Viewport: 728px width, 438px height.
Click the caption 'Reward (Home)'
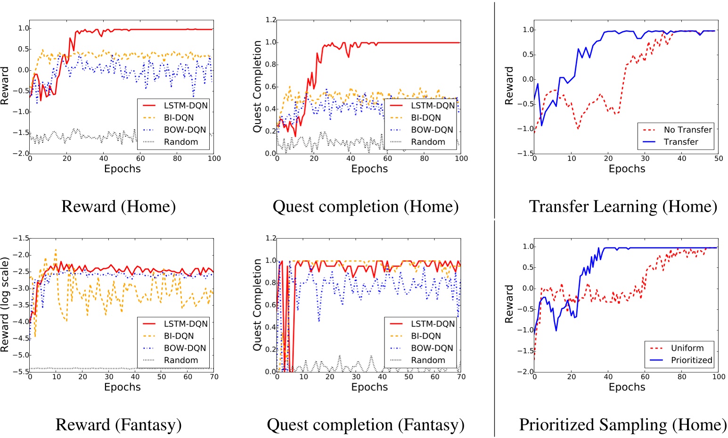(x=118, y=207)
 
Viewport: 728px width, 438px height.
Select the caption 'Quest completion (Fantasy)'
(x=365, y=425)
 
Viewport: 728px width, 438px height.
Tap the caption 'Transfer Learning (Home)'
(x=623, y=207)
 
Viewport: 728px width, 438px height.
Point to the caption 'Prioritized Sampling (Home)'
(x=622, y=425)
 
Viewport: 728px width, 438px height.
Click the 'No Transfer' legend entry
(x=687, y=130)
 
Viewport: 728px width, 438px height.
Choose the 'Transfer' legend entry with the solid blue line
(x=681, y=142)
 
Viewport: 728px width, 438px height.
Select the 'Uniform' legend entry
(x=687, y=348)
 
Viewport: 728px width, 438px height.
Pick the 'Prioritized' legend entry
(x=691, y=360)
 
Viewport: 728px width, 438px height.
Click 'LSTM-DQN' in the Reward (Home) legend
(x=185, y=106)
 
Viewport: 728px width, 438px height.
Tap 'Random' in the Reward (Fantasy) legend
(x=180, y=360)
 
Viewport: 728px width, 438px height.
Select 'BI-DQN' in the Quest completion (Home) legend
(x=425, y=118)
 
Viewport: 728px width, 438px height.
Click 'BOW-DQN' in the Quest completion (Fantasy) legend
(x=432, y=348)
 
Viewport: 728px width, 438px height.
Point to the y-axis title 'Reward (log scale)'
(x=5, y=304)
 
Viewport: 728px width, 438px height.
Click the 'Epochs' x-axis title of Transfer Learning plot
(x=627, y=169)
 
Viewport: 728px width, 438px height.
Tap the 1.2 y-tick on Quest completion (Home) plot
(x=270, y=20)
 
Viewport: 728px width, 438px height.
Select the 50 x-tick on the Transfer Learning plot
(x=718, y=158)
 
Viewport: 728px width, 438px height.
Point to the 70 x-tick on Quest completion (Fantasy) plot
(x=461, y=377)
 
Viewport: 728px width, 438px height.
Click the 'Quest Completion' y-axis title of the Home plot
(x=257, y=86)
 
